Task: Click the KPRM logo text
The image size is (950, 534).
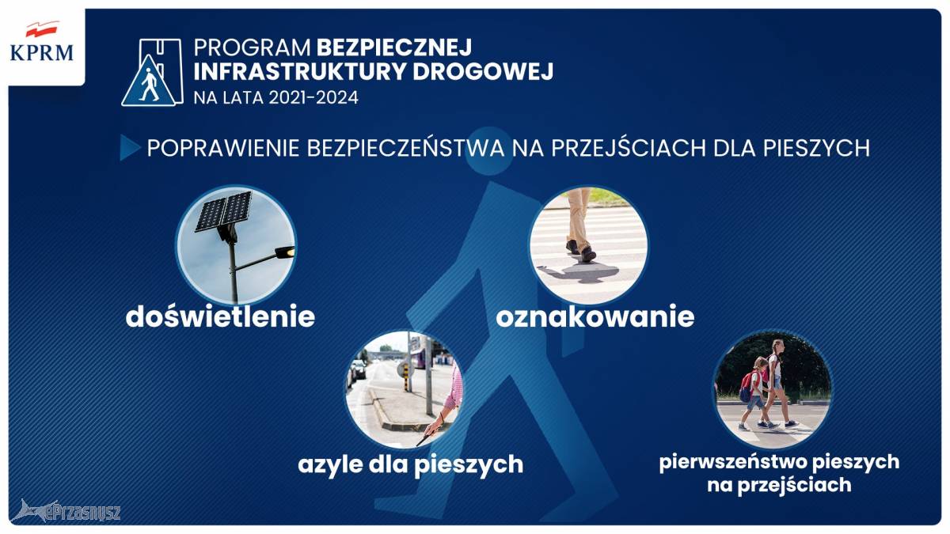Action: click(41, 53)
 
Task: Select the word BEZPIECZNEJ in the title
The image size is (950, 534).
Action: click(394, 47)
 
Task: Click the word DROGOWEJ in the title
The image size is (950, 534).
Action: click(483, 71)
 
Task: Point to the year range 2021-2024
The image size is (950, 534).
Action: click(313, 97)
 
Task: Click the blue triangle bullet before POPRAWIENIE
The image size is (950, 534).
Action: click(130, 147)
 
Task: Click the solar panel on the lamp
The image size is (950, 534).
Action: click(223, 210)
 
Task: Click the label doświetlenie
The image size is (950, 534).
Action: click(220, 316)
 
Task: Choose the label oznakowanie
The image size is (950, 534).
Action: click(595, 317)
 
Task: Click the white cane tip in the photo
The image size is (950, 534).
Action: click(420, 443)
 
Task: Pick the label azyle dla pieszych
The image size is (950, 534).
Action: click(411, 465)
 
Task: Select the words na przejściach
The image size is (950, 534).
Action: click(779, 485)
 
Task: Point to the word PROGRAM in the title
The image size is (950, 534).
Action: click(253, 47)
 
